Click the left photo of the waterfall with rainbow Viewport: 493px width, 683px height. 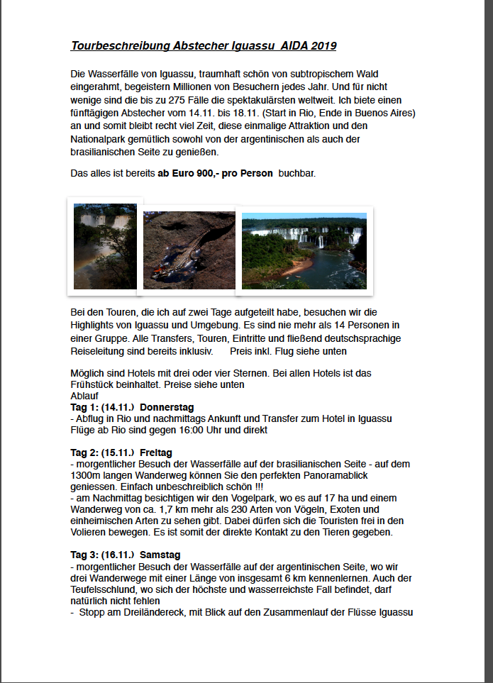(105, 246)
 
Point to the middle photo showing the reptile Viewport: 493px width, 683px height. (189, 250)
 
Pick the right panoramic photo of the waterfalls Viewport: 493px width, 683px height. (304, 251)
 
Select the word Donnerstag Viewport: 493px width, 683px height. (167, 408)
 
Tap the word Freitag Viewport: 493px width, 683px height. (156, 452)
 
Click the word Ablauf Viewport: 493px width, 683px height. (84, 396)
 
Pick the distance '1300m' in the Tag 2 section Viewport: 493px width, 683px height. (85, 475)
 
